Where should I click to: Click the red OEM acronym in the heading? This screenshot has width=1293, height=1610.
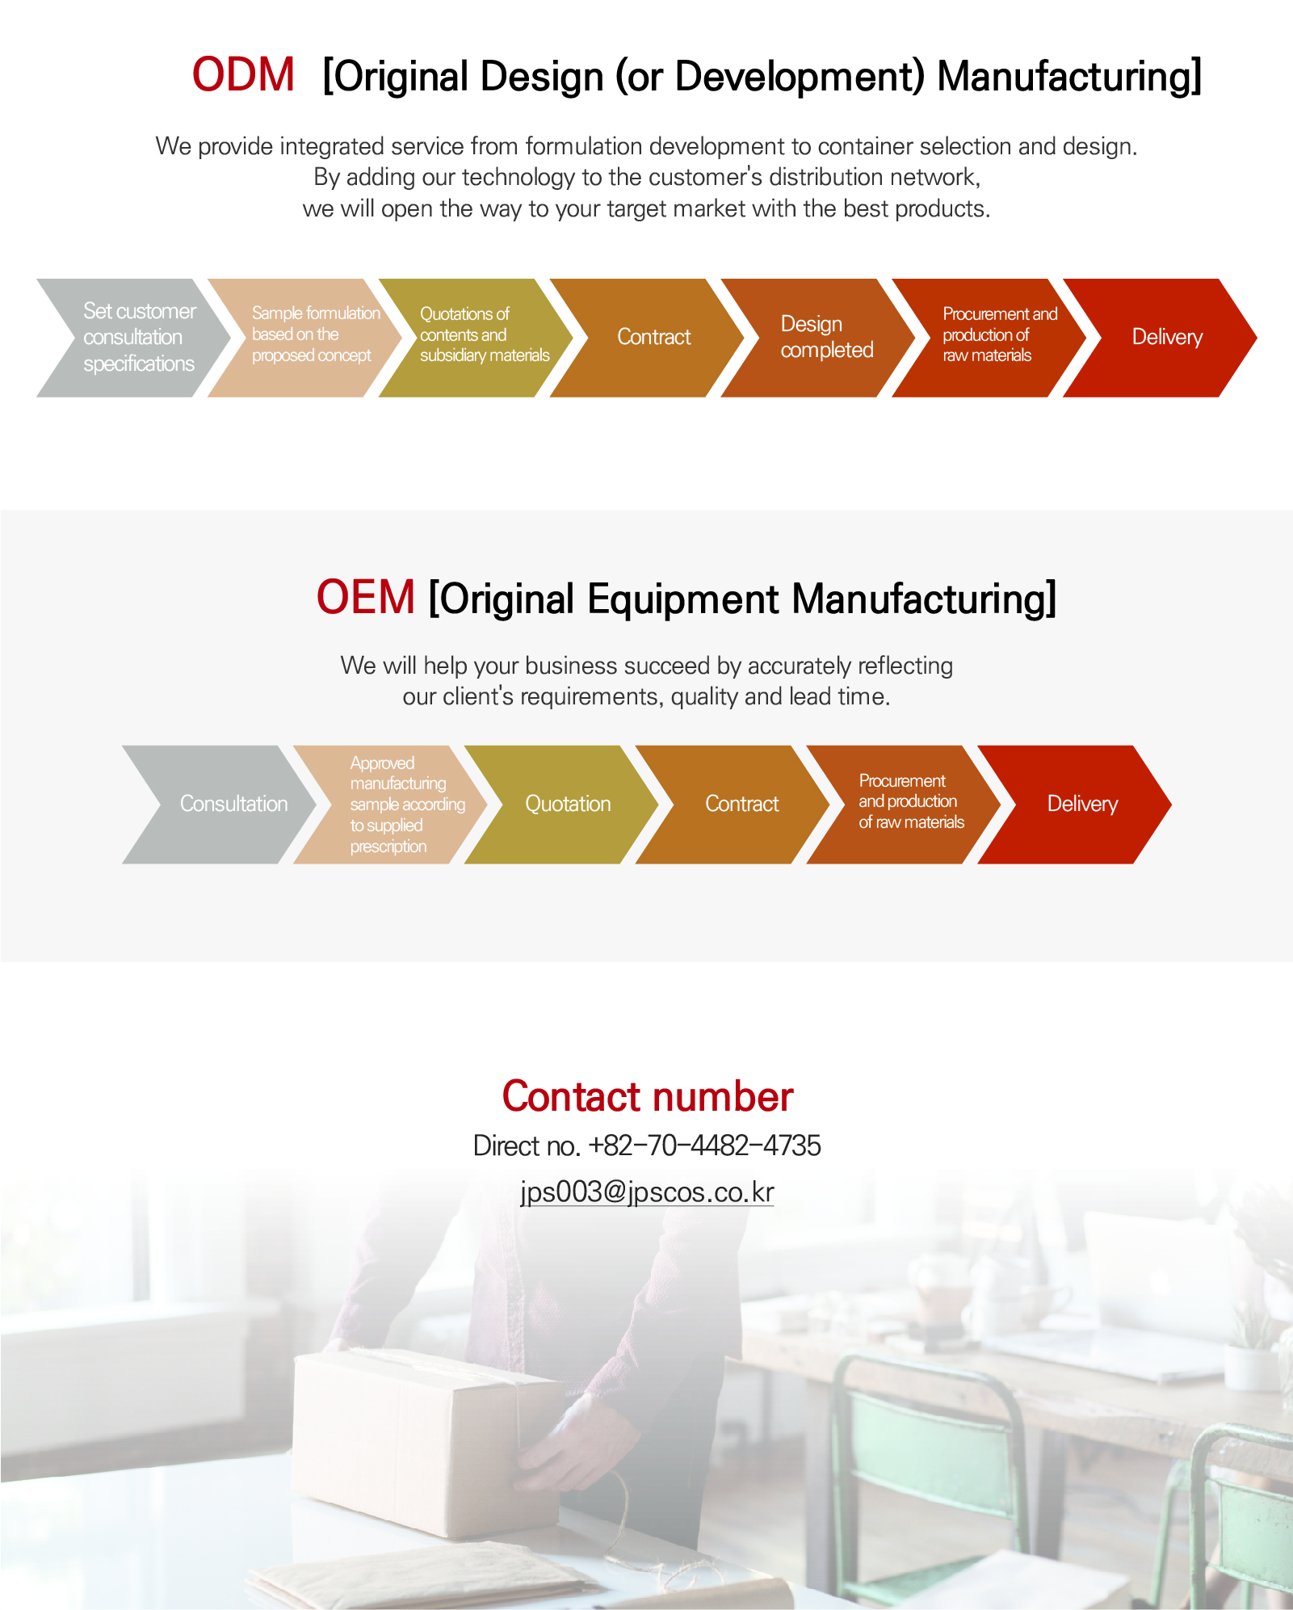click(365, 597)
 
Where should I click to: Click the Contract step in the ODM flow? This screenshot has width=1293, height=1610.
click(647, 338)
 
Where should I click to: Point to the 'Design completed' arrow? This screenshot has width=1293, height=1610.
click(818, 338)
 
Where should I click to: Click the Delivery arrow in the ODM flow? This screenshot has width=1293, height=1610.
click(1160, 338)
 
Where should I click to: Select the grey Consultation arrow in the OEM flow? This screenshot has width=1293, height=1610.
click(219, 805)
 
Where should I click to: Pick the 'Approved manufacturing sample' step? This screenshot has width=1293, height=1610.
click(390, 805)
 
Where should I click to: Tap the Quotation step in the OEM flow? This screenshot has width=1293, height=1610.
click(561, 805)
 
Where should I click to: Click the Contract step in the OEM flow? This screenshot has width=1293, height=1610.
click(733, 805)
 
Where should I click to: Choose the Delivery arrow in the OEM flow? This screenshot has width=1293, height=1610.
click(1074, 805)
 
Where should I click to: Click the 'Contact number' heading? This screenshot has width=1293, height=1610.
click(648, 1097)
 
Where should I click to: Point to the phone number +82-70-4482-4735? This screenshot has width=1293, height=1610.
click(704, 1145)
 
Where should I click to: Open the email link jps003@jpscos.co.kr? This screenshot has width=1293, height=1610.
click(647, 1192)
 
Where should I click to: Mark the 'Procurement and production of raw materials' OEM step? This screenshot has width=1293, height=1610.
click(904, 805)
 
